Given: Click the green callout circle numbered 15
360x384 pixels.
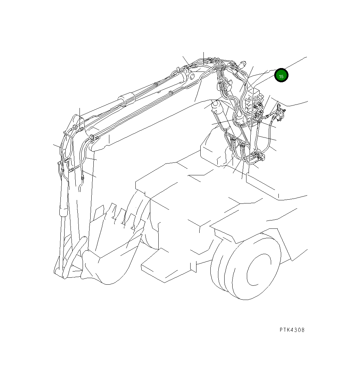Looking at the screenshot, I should coord(281,76).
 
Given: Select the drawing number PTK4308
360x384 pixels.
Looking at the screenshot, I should coord(292,330).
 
